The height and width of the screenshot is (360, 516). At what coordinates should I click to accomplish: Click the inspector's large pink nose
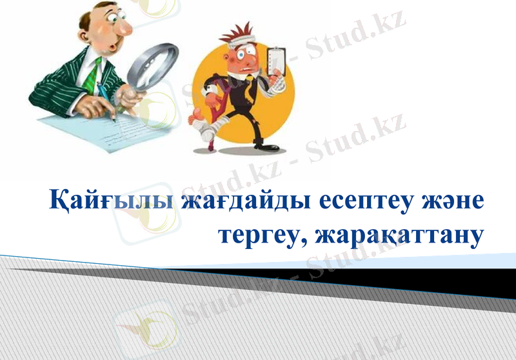(x=123, y=26)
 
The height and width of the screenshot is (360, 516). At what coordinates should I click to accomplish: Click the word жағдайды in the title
(x=245, y=201)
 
